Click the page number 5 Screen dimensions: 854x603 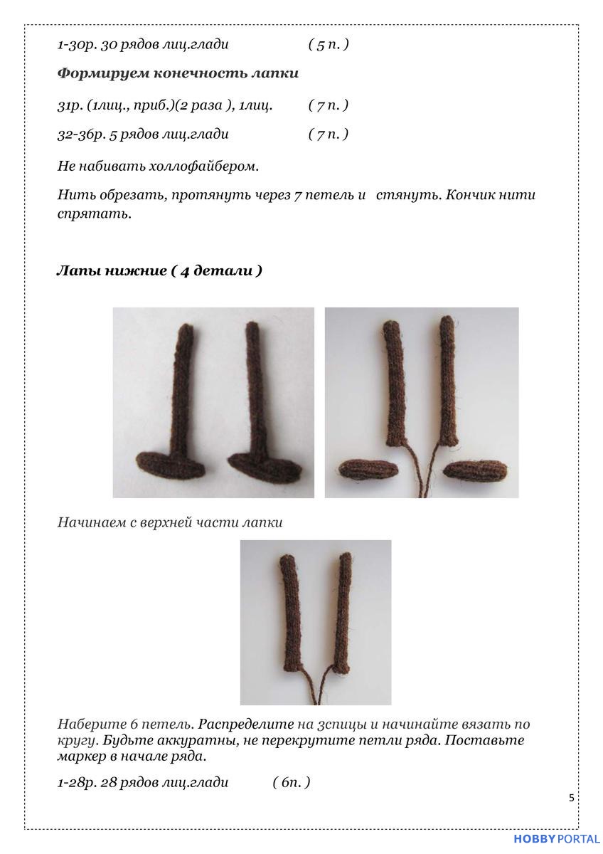pyautogui.click(x=571, y=798)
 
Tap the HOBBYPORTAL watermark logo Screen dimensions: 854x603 pyautogui.click(x=557, y=840)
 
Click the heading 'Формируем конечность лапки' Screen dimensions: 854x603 pyautogui.click(x=178, y=73)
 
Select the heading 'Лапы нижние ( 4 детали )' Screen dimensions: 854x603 pyautogui.click(x=159, y=271)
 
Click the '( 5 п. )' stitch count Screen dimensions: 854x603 pyautogui.click(x=328, y=45)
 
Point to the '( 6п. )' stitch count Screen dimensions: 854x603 pyautogui.click(x=292, y=783)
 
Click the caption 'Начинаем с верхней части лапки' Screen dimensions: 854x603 pyautogui.click(x=170, y=522)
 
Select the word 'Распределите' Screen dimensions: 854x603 pyautogui.click(x=246, y=724)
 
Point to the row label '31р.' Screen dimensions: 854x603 pyautogui.click(x=70, y=105)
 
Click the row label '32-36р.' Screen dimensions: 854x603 pyautogui.click(x=79, y=134)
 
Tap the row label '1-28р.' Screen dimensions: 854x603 pyautogui.click(x=77, y=783)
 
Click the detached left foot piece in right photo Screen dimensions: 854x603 pyautogui.click(x=367, y=468)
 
